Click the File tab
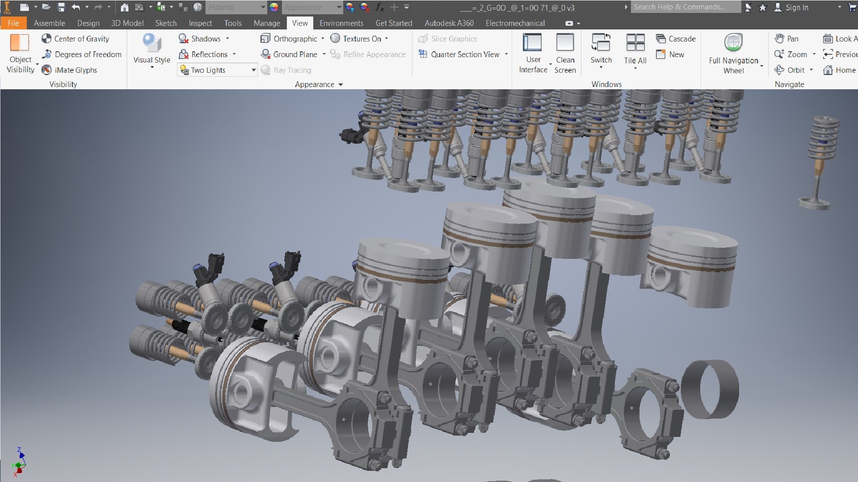click(x=13, y=23)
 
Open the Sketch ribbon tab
click(x=166, y=23)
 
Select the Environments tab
click(x=341, y=23)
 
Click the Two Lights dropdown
click(x=217, y=70)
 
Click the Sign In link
click(x=796, y=8)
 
